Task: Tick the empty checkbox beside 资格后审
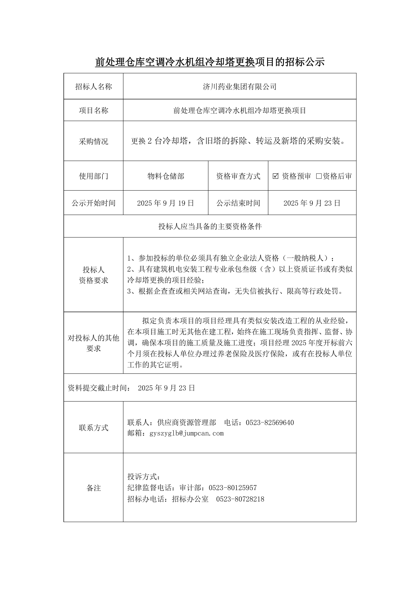pyautogui.click(x=319, y=176)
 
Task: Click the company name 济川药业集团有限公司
pyautogui.click(x=240, y=87)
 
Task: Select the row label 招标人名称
pyautogui.click(x=93, y=87)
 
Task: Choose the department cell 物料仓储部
pyautogui.click(x=166, y=176)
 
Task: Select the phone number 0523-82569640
pyautogui.click(x=270, y=423)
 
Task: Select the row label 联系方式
pyautogui.click(x=93, y=428)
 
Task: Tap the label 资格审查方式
pyautogui.click(x=238, y=176)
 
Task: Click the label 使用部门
pyautogui.click(x=93, y=176)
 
